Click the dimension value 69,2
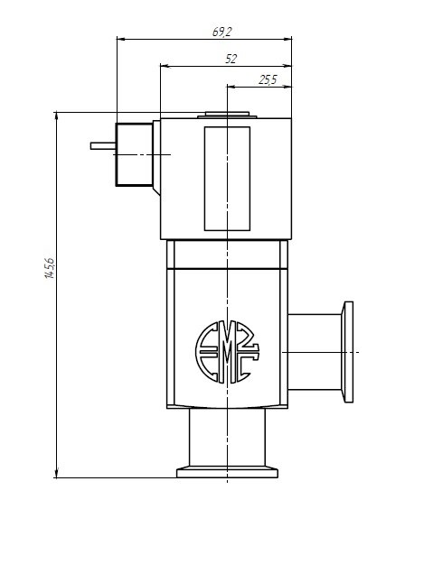[221, 32]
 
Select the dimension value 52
[231, 59]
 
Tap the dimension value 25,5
[268, 79]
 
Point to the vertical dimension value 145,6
[50, 268]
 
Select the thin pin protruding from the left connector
[103, 146]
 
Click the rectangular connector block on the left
[134, 154]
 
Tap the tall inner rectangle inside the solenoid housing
[227, 179]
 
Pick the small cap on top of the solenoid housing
[227, 115]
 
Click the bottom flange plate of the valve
[227, 473]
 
